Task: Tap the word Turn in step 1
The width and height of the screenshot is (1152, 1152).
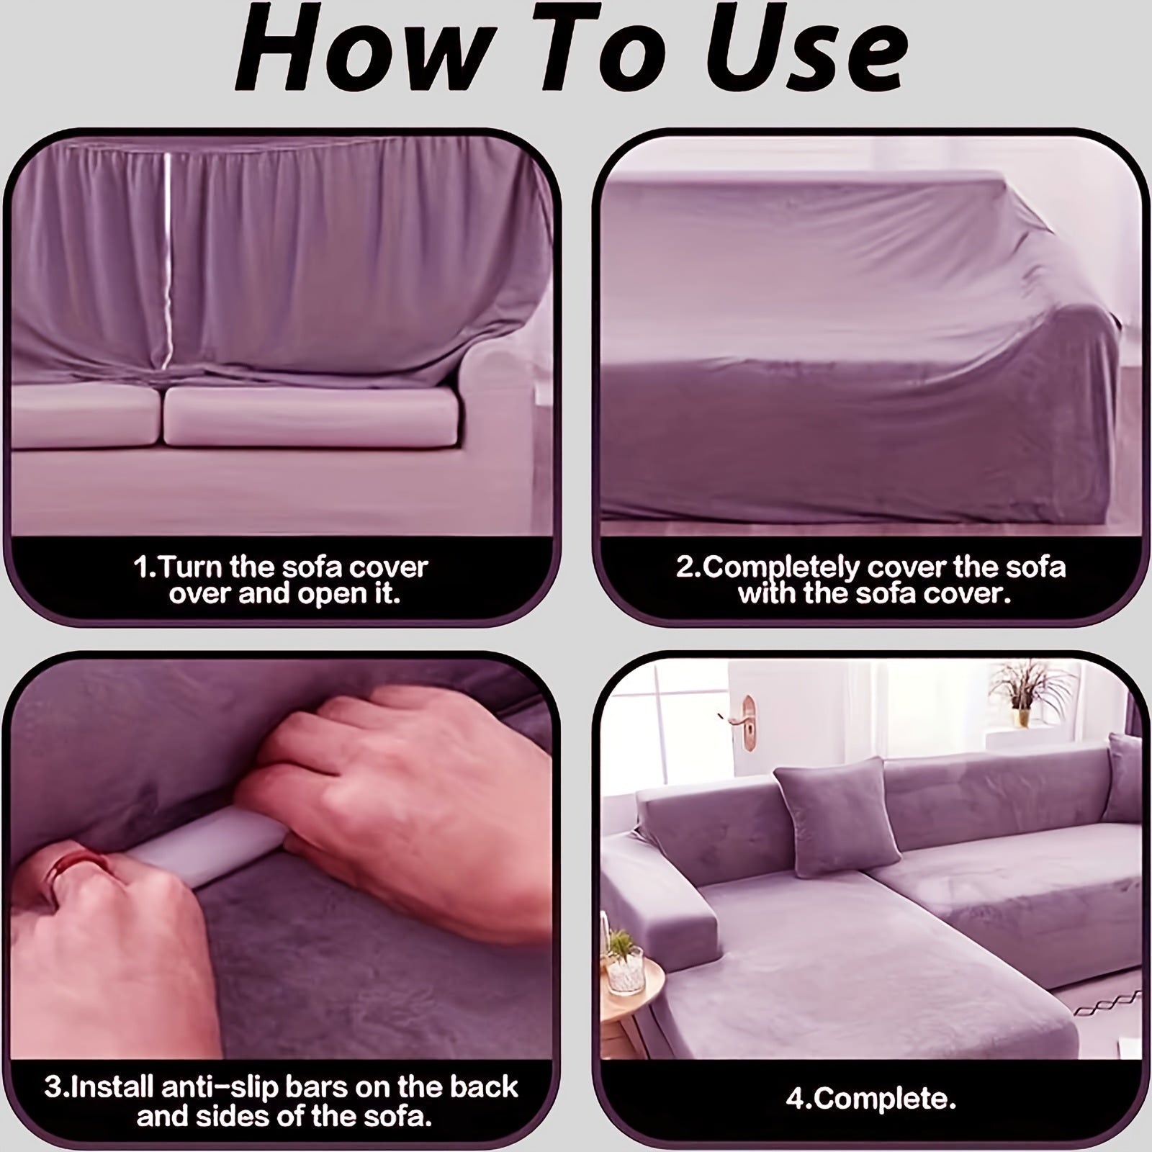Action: click(191, 567)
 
